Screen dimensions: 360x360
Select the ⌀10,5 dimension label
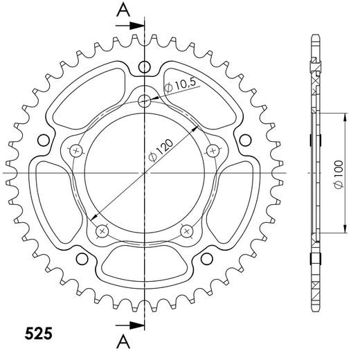181,85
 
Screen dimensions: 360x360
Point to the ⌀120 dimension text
164,147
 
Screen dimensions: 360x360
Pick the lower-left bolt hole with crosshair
102,230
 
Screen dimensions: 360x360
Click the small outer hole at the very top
144,67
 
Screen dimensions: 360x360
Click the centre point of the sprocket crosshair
144,172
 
